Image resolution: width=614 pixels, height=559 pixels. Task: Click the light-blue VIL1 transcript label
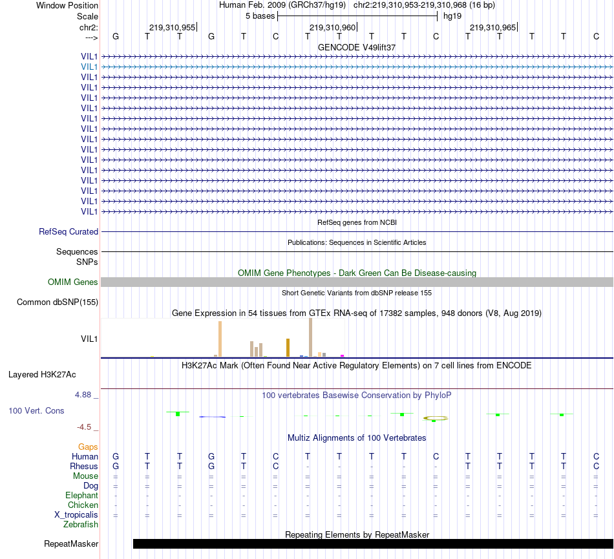pyautogui.click(x=89, y=67)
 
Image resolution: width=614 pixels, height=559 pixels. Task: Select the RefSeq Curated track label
pyautogui.click(x=69, y=231)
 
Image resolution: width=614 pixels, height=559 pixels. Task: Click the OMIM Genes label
pyautogui.click(x=72, y=282)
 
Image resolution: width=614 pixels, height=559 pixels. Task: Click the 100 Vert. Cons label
pyautogui.click(x=36, y=410)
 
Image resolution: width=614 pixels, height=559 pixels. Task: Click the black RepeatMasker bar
pyautogui.click(x=372, y=543)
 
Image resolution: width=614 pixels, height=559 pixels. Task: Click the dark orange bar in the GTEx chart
pyautogui.click(x=288, y=347)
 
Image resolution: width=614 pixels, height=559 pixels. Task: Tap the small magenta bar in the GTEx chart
pyautogui.click(x=342, y=355)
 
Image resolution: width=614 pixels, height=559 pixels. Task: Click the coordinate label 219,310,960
pyautogui.click(x=332, y=27)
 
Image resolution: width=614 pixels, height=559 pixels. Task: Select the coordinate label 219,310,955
pyautogui.click(x=172, y=27)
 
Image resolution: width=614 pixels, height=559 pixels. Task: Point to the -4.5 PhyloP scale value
pyautogui.click(x=87, y=427)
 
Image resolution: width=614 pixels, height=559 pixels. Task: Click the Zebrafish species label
pyautogui.click(x=81, y=525)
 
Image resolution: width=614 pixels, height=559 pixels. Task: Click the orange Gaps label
pyautogui.click(x=88, y=447)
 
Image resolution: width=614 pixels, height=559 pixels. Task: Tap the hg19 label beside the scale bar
pyautogui.click(x=452, y=15)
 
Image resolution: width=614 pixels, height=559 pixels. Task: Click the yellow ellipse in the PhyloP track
pyautogui.click(x=436, y=418)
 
